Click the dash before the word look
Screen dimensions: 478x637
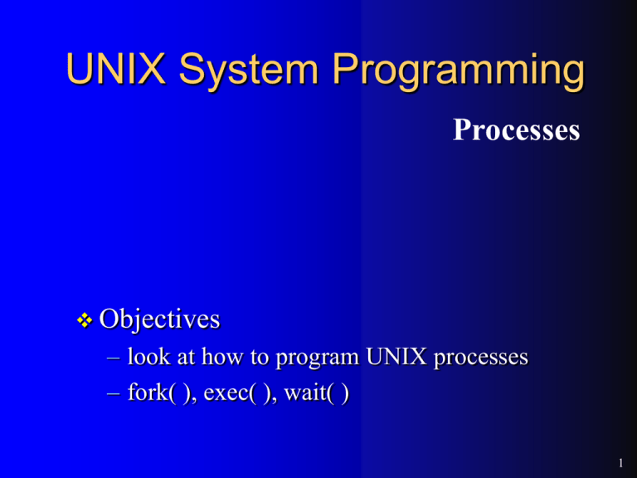[113, 359]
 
